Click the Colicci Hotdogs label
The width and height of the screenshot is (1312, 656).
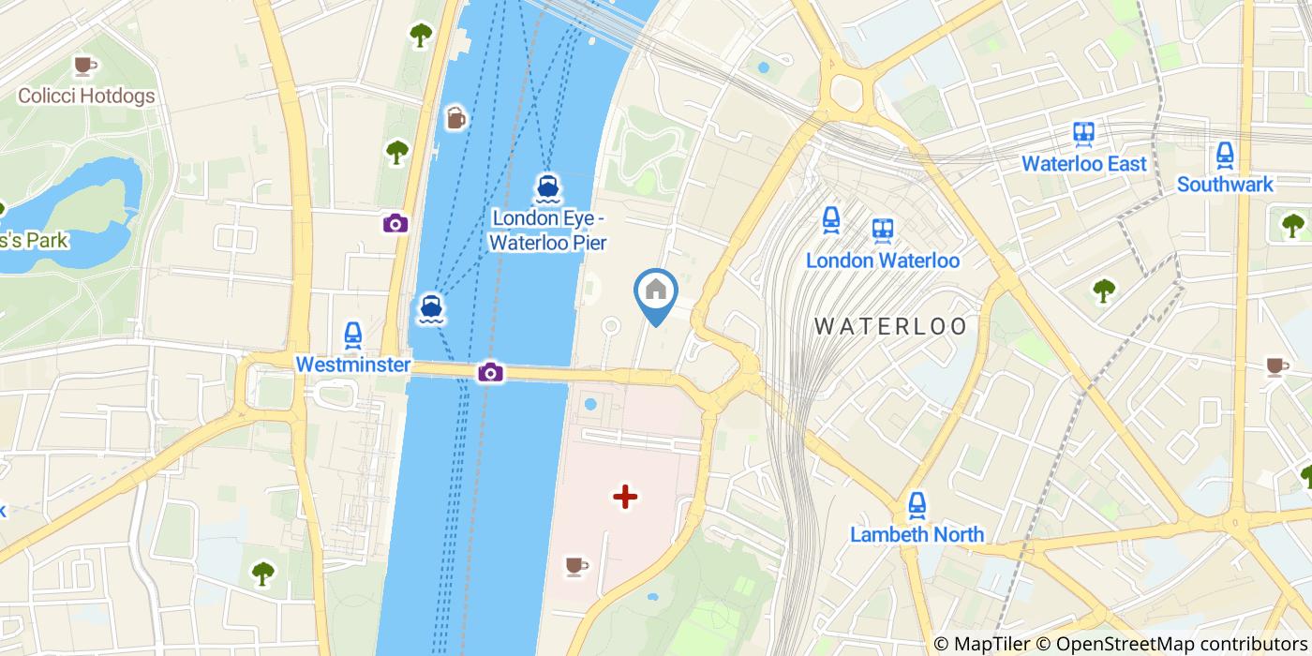click(86, 96)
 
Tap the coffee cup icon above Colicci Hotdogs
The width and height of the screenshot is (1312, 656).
click(85, 66)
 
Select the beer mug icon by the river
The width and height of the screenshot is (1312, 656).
click(455, 117)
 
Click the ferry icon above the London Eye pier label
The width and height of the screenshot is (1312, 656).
click(548, 188)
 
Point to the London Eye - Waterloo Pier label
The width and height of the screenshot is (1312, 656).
click(549, 231)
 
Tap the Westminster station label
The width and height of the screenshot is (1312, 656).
click(352, 365)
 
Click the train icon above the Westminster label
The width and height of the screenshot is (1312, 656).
click(352, 334)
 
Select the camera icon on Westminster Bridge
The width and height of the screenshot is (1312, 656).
click(490, 373)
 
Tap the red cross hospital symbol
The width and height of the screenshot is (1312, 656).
click(625, 497)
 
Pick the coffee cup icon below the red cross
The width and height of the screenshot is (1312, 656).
click(575, 565)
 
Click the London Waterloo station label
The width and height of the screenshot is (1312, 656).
click(882, 261)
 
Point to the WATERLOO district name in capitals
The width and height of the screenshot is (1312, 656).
click(890, 326)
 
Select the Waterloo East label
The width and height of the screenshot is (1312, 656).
click(1083, 164)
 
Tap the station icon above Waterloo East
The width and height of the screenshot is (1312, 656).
click(1085, 133)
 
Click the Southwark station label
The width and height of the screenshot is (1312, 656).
click(1225, 185)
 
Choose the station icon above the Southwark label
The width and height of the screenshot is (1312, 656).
click(1225, 154)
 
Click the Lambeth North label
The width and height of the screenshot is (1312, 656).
click(917, 534)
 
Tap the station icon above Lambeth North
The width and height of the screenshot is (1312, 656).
click(917, 505)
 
